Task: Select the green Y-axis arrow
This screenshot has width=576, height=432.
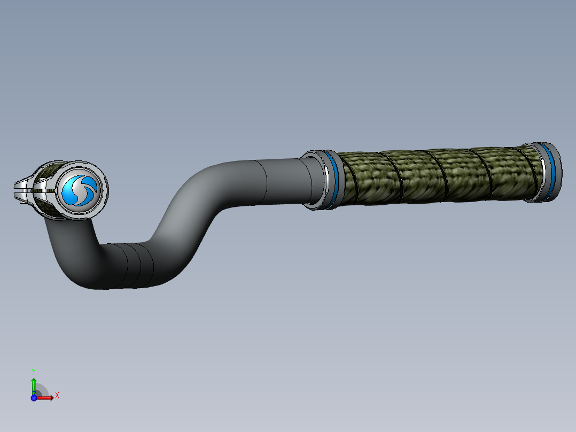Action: coord(34,384)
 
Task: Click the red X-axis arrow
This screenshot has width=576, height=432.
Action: coord(45,397)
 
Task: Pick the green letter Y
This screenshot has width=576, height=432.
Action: coord(34,371)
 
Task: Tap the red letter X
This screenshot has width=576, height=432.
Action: coord(57,396)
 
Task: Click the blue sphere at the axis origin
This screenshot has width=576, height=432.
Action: coord(34,397)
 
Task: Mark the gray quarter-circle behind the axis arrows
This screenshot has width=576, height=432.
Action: coord(42,390)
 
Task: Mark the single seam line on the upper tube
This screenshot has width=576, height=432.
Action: coord(266,182)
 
